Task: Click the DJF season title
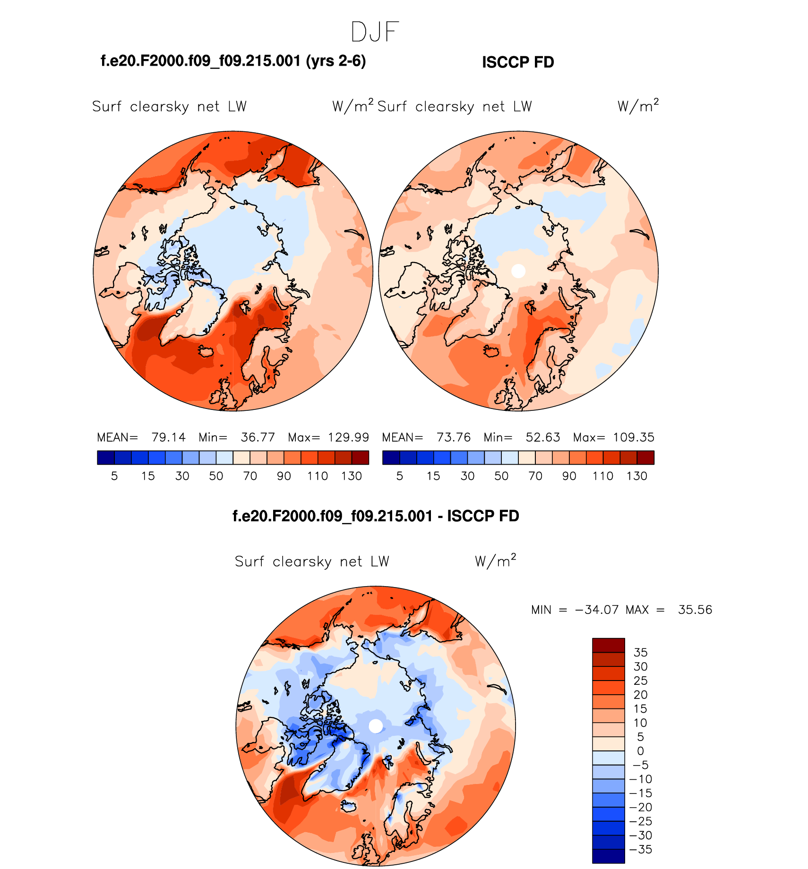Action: point(375,32)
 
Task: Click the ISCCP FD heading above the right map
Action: point(518,62)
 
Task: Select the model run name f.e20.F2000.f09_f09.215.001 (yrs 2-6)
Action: point(233,61)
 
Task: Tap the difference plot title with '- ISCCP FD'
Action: point(376,516)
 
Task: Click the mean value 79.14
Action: point(169,437)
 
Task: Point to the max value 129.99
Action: point(349,437)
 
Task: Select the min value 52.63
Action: point(543,437)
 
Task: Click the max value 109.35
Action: point(634,437)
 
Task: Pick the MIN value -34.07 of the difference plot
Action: point(597,610)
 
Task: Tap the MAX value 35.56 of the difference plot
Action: point(695,610)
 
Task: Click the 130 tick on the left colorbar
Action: point(352,476)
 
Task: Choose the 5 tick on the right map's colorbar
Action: point(400,476)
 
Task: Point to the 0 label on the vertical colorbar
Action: point(640,751)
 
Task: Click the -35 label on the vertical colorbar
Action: point(641,850)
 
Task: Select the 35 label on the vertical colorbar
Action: point(640,653)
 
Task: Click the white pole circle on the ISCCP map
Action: point(518,271)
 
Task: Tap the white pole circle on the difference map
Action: point(376,726)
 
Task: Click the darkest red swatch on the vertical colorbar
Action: point(609,645)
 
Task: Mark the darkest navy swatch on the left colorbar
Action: point(106,458)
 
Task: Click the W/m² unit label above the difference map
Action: point(495,561)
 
